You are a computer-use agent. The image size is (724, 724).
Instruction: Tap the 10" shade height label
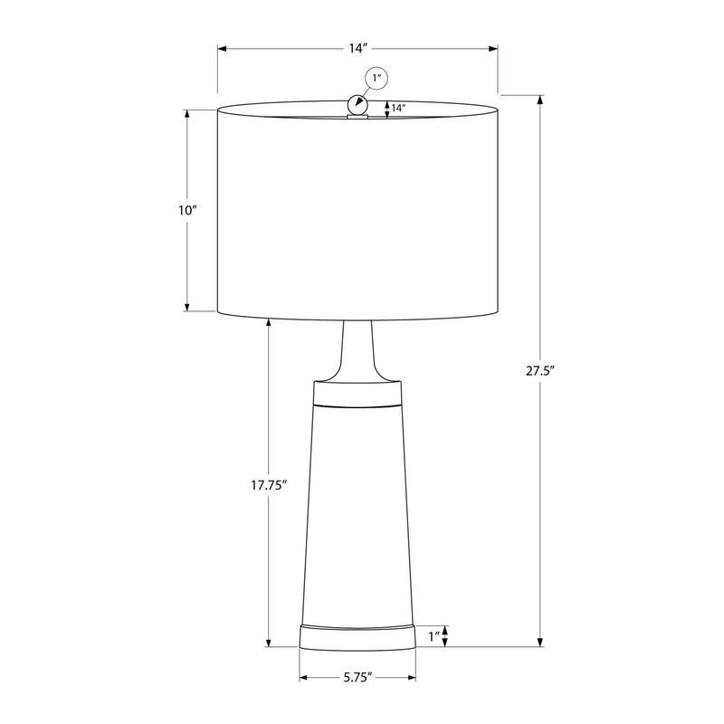(187, 210)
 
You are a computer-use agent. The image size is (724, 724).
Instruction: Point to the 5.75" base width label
(357, 677)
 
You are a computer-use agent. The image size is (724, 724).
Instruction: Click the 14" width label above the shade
(357, 48)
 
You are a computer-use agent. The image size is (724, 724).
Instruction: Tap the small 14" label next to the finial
(397, 109)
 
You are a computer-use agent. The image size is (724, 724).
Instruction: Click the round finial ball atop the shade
(357, 106)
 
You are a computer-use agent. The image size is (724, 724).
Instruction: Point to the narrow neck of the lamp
(357, 348)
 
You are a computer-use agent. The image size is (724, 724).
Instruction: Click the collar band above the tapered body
(357, 394)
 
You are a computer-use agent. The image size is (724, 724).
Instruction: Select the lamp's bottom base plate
(357, 637)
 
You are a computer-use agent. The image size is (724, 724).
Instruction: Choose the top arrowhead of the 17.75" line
(269, 322)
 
